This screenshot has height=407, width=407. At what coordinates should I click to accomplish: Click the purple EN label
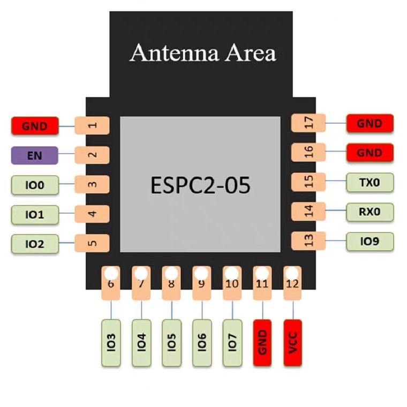(34, 155)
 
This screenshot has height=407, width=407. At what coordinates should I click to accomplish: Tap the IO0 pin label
(35, 185)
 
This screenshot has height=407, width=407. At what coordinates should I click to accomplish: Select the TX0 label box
(370, 183)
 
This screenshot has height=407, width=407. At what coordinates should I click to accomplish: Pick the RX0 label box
(370, 212)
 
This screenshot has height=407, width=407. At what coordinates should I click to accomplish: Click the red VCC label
(293, 343)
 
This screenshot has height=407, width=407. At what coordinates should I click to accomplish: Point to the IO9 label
(370, 242)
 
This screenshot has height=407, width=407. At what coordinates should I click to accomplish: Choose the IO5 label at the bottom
(171, 343)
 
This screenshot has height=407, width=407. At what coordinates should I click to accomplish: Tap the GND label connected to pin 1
(35, 126)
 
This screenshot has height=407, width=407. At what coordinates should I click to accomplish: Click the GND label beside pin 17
(370, 123)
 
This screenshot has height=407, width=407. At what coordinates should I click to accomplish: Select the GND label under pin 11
(262, 343)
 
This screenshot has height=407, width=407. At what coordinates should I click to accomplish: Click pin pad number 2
(92, 155)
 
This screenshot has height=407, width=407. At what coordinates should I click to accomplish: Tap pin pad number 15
(308, 182)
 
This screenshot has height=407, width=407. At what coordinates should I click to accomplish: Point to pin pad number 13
(308, 240)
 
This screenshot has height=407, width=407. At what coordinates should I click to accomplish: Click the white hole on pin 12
(292, 273)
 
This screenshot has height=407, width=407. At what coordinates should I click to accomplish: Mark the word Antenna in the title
(174, 52)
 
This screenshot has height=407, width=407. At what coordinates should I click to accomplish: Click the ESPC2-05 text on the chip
(200, 185)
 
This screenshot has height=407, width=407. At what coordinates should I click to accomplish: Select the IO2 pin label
(35, 244)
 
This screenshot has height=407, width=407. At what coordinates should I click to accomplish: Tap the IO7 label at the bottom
(232, 343)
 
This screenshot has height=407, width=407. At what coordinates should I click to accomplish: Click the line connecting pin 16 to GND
(336, 152)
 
